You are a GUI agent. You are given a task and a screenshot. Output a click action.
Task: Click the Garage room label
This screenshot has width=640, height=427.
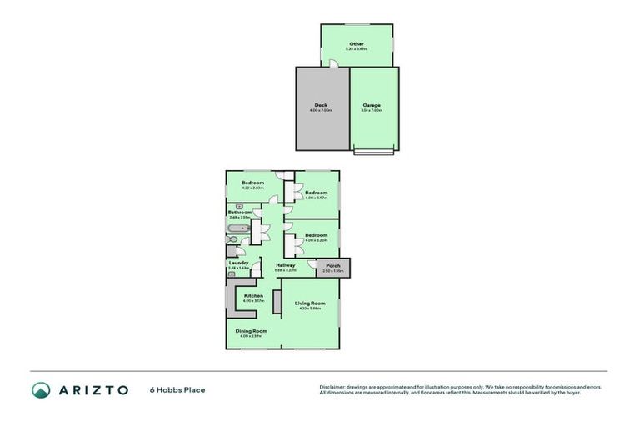click(372, 105)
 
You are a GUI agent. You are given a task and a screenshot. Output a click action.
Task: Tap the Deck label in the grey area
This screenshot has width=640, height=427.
click(321, 105)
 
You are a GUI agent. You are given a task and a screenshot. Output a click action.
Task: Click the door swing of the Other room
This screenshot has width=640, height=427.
click(332, 64)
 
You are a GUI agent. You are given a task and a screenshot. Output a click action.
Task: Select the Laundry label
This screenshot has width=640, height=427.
click(238, 263)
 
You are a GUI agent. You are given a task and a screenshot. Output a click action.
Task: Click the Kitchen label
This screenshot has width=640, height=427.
click(253, 296)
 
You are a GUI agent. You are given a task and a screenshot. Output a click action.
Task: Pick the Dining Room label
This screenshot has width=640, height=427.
click(251, 331)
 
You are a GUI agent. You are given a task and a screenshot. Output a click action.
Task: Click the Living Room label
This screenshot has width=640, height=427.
click(311, 304)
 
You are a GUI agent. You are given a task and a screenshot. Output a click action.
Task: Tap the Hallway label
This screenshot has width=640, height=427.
click(286, 265)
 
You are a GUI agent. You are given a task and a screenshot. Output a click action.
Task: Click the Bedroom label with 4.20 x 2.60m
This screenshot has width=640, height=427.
click(252, 183)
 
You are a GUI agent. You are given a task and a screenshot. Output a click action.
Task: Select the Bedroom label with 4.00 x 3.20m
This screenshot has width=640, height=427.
click(316, 235)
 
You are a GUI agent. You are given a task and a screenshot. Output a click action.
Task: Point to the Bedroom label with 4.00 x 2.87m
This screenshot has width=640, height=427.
click(316, 193)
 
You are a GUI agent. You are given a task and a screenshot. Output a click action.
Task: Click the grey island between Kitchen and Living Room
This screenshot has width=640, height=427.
click(277, 301)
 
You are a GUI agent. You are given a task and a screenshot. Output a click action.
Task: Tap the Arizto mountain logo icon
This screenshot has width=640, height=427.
click(41, 389)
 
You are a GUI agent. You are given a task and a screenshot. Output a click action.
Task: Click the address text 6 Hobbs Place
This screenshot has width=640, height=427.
click(177, 389)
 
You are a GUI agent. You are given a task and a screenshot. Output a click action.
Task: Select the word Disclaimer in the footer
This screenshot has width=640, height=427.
click(333, 387)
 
